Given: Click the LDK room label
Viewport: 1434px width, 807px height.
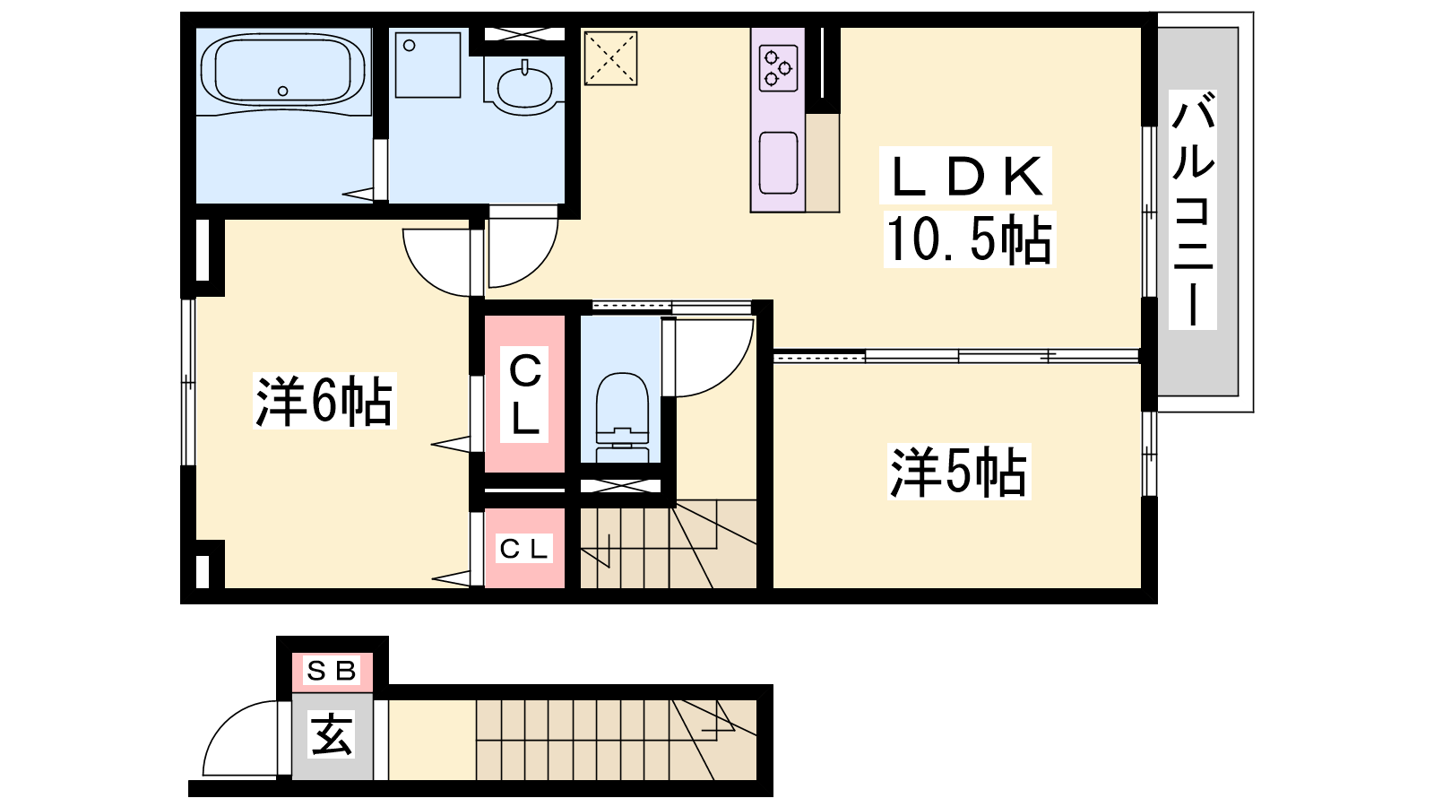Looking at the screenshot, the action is tap(965, 176).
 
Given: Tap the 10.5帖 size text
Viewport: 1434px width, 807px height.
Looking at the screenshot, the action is tap(969, 239).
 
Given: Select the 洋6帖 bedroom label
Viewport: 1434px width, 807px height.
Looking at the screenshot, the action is tap(324, 401).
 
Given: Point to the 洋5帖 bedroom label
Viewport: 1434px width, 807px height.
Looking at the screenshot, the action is tap(958, 472).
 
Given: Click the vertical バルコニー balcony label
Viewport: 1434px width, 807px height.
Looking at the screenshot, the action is tap(1193, 210).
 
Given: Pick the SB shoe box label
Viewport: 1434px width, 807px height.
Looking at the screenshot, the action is tap(332, 671).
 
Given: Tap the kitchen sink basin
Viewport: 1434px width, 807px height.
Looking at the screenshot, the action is tap(779, 162).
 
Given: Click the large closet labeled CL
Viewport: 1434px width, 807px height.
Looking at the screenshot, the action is tap(524, 394).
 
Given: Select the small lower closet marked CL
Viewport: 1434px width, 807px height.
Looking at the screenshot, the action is tap(524, 548).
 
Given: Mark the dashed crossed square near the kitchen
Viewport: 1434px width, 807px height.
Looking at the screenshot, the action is tap(610, 58).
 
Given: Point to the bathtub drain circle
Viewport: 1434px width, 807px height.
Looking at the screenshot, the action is tap(283, 91).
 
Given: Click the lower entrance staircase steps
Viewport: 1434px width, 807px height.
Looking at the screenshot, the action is tap(616, 740).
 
